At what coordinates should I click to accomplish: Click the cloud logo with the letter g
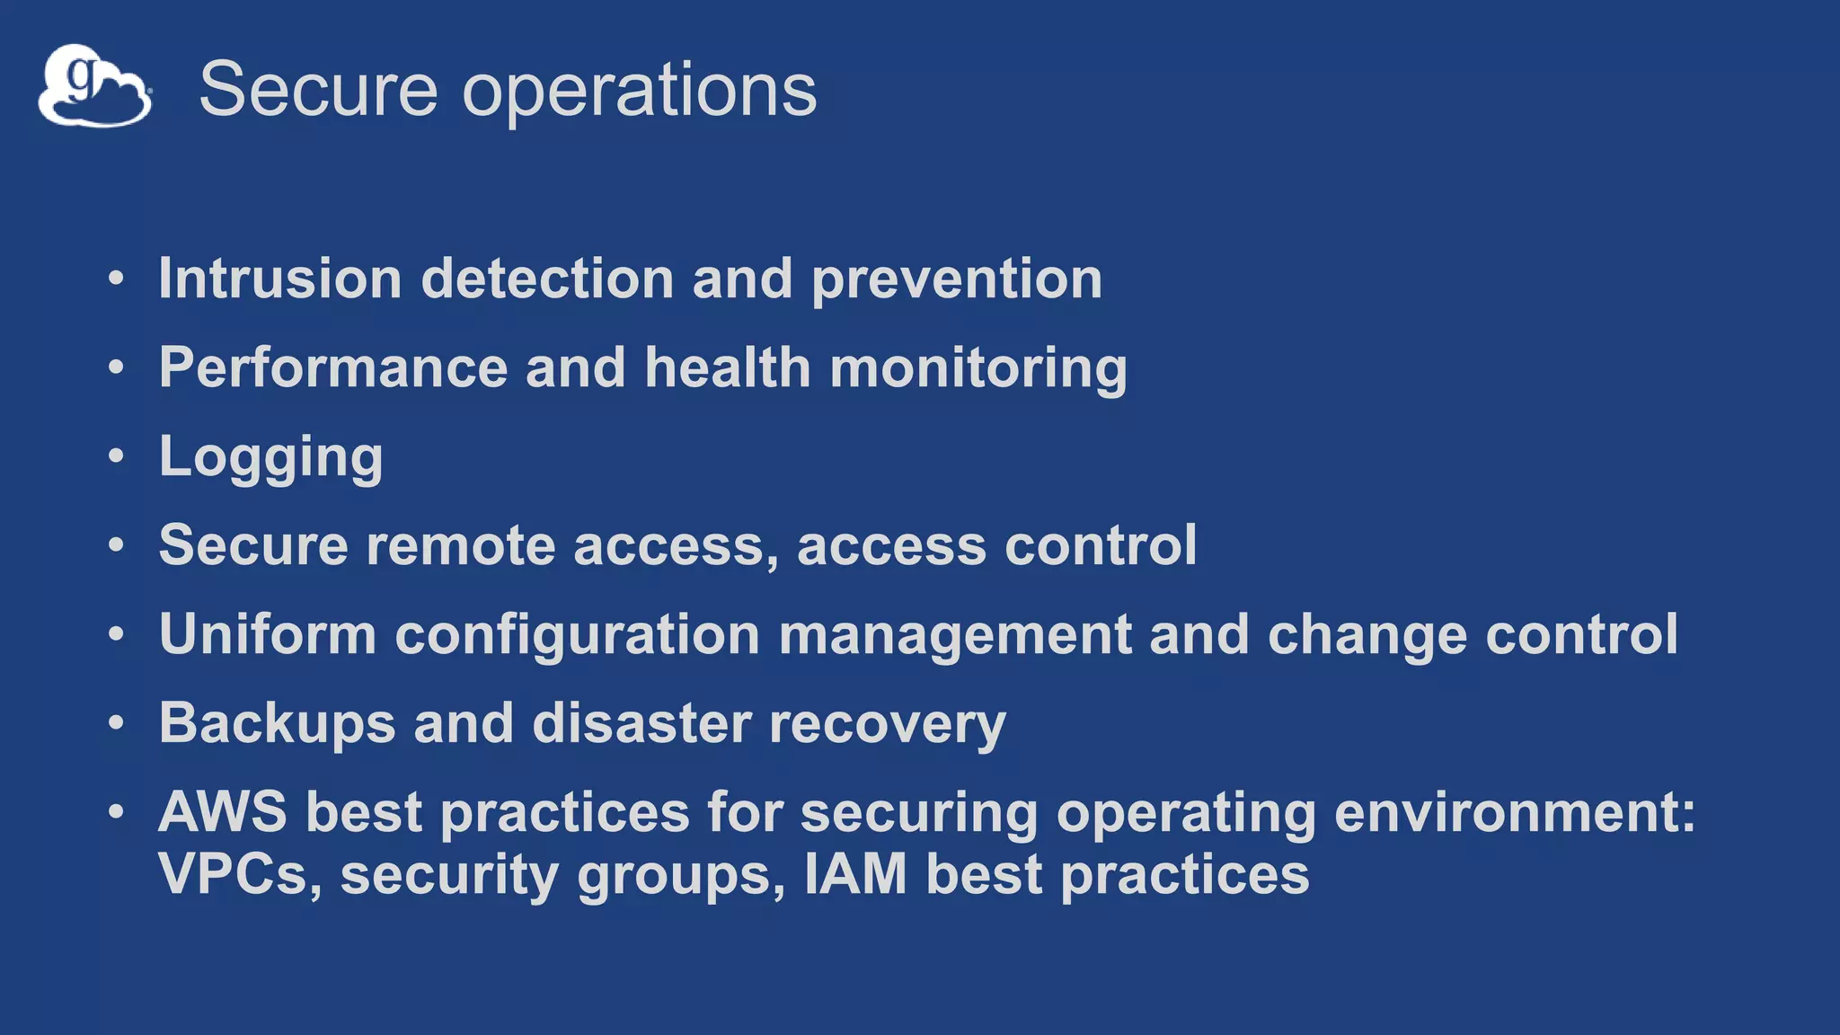tap(94, 86)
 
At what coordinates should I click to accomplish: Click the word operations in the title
tap(639, 90)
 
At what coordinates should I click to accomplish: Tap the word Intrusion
tap(279, 279)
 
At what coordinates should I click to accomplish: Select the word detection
tap(547, 279)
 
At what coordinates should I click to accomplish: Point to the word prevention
tap(957, 280)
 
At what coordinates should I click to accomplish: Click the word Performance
tap(332, 368)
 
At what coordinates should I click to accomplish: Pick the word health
tap(728, 368)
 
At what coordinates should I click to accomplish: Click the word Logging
tap(270, 458)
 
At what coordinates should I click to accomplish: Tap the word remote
tap(461, 546)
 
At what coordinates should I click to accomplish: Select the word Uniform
tap(267, 634)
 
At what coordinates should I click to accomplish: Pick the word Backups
tap(277, 724)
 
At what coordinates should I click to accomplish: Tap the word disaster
tap(641, 724)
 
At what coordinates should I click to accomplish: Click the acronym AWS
tap(223, 812)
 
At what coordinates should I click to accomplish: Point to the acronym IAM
tap(855, 874)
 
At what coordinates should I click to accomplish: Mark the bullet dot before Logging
tap(116, 456)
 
